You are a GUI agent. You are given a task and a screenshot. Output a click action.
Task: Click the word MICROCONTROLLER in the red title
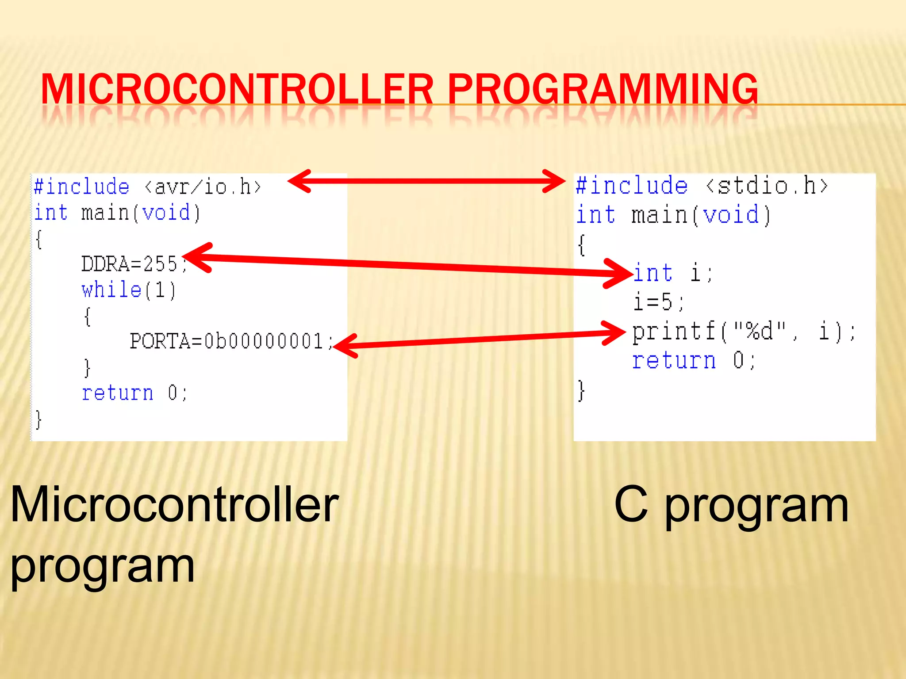tap(237, 90)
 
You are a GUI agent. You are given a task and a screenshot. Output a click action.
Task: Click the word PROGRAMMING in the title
tap(603, 90)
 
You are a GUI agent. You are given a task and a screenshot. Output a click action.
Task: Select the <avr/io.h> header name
tap(203, 187)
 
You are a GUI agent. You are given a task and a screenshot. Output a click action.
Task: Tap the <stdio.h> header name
tap(767, 186)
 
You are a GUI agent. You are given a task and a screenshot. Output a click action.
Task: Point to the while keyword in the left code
tap(111, 290)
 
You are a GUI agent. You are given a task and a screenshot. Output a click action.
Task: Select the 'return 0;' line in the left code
tap(134, 393)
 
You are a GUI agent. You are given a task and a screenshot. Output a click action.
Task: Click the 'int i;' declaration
tap(672, 273)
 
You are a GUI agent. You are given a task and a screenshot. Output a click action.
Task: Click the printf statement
tap(743, 332)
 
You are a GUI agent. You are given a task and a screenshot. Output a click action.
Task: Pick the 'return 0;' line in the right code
tap(693, 361)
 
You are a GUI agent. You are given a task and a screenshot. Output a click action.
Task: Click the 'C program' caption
tap(731, 505)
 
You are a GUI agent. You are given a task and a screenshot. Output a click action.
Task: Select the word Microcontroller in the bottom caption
tap(174, 505)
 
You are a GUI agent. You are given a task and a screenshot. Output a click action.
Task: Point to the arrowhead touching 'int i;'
tap(622, 273)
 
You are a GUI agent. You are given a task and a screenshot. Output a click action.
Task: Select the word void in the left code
tap(166, 213)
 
